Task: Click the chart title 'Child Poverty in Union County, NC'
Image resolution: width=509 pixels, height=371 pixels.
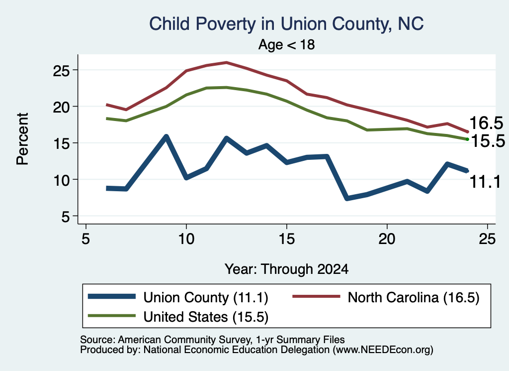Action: pos(286,24)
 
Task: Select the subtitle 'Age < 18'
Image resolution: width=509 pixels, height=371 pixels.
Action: pos(286,44)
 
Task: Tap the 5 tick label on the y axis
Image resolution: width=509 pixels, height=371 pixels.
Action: pos(66,216)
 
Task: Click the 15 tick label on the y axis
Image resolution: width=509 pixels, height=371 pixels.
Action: pos(61,143)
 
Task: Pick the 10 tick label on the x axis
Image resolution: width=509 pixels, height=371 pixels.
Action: pos(186,239)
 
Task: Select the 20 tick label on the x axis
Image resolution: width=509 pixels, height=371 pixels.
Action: pos(387,239)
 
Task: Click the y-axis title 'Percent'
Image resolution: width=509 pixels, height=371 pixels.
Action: pos(23,139)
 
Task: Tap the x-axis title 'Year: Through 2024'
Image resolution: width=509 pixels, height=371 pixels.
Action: pos(286,269)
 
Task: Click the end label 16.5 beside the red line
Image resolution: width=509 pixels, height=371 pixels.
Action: pos(486,123)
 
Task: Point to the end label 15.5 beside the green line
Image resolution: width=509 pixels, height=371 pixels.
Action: pos(488,141)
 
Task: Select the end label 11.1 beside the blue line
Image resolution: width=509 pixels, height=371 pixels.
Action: pos(485,182)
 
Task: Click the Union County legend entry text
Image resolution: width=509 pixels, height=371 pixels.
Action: pos(206,297)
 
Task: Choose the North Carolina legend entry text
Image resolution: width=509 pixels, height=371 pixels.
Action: pos(414,297)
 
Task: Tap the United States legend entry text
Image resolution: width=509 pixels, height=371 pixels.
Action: pos(206,317)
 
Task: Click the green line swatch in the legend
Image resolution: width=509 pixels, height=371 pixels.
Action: pos(112,316)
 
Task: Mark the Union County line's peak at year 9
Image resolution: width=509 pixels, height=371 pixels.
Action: pos(166,136)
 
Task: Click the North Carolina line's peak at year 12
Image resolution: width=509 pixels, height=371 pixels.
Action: pos(226,62)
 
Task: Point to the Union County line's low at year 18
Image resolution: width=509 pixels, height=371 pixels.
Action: pos(347,198)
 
